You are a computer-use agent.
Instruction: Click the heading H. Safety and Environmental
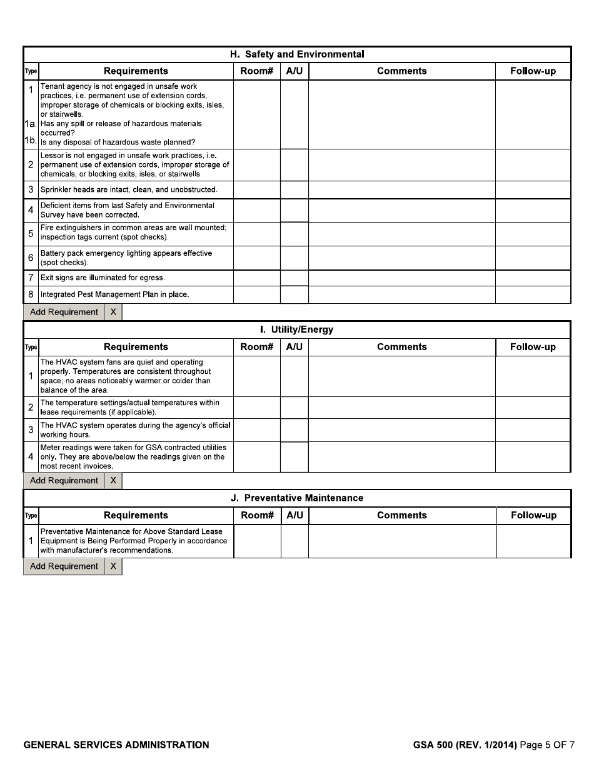pyautogui.click(x=297, y=54)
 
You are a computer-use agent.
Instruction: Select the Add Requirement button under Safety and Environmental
pyautogui.click(x=64, y=312)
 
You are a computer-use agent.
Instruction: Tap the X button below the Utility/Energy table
pyautogui.click(x=113, y=481)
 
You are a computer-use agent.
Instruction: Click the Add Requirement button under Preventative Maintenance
pyautogui.click(x=64, y=566)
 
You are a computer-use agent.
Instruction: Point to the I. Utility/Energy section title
pyautogui.click(x=297, y=329)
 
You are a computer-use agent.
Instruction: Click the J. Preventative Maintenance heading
pyautogui.click(x=297, y=498)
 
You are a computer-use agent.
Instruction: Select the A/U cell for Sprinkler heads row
pyautogui.click(x=294, y=189)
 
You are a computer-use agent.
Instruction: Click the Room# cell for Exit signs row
pyautogui.click(x=256, y=278)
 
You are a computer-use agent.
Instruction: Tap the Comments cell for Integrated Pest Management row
pyautogui.click(x=401, y=294)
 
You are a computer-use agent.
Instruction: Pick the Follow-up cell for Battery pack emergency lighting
pyautogui.click(x=533, y=258)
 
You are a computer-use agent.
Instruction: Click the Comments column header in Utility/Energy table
pyautogui.click(x=401, y=347)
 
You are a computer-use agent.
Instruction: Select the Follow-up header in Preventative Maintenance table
pyautogui.click(x=533, y=516)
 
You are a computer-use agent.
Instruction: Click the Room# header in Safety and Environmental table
pyautogui.click(x=256, y=71)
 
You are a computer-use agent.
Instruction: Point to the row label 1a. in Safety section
pyautogui.click(x=31, y=124)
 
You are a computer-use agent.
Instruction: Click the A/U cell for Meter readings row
pyautogui.click(x=294, y=457)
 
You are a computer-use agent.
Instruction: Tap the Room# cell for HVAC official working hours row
pyautogui.click(x=256, y=430)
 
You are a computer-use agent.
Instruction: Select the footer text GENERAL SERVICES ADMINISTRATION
pyautogui.click(x=116, y=745)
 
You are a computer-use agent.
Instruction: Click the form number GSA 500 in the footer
pyautogui.click(x=434, y=745)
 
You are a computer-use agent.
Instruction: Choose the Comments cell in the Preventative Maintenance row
pyautogui.click(x=402, y=541)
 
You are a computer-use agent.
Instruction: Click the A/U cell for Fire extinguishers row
pyautogui.click(x=294, y=234)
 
